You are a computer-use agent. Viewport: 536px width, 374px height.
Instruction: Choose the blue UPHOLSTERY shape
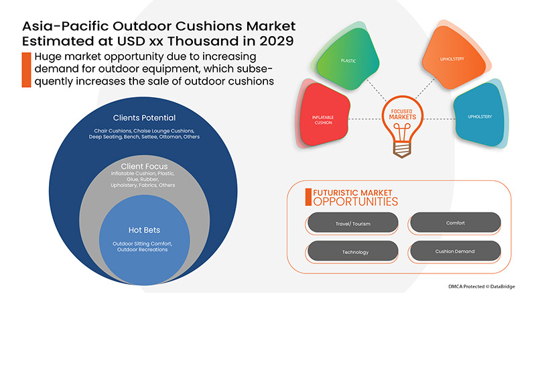pos(480,117)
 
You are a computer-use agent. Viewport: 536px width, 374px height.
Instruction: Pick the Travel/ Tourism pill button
pos(352,223)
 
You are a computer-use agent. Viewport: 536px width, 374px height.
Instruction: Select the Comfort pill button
pos(455,223)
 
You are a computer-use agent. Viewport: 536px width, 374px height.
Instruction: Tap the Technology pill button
pos(352,251)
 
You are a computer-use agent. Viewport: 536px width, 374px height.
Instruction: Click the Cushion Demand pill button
pos(455,251)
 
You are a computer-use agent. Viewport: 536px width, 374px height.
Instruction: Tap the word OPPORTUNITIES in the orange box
pos(355,201)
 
